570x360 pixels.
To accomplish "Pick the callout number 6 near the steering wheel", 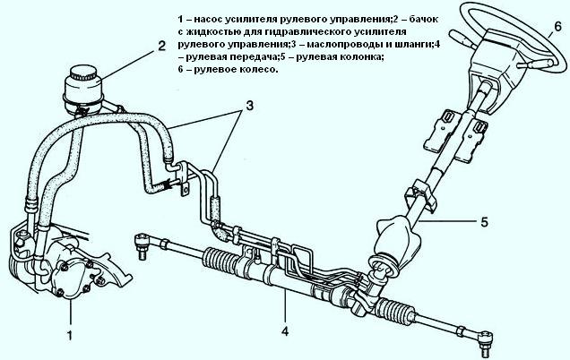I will pyautogui.click(x=557, y=27).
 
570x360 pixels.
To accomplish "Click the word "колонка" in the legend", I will pyautogui.click(x=355, y=56).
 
